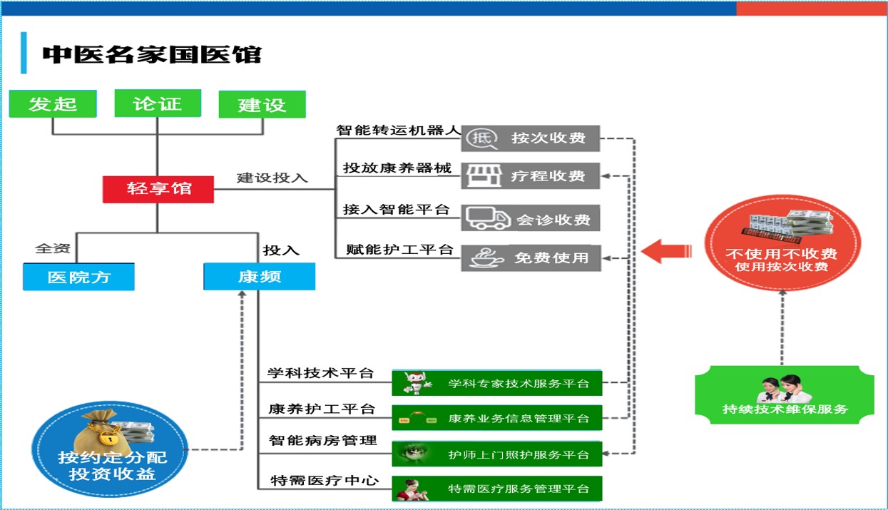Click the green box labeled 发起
(53, 103)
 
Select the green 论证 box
(158, 103)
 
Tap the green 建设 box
(262, 104)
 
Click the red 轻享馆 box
(158, 189)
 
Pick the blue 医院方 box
(78, 277)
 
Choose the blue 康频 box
(259, 277)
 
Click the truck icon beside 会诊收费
(488, 218)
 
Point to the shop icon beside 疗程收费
(484, 175)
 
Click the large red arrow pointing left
(666, 251)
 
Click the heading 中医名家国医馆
(152, 54)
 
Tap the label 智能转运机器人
(398, 130)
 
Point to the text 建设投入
(272, 178)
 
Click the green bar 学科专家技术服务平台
(496, 383)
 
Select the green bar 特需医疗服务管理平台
(496, 489)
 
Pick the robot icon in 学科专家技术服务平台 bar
(417, 383)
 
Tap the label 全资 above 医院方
(53, 249)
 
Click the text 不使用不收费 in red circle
(781, 253)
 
